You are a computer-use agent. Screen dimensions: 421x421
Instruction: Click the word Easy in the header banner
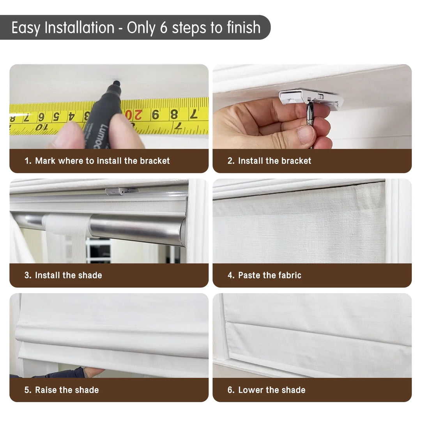26,28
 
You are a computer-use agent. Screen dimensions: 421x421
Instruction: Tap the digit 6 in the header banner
163,27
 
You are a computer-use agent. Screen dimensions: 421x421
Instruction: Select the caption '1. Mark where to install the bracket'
97,161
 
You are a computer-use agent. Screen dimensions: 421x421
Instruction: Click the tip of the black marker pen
116,82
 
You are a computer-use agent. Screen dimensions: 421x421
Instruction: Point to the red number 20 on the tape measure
133,115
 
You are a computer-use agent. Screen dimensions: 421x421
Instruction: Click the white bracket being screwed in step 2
311,99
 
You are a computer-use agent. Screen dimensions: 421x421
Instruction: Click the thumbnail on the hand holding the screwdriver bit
306,135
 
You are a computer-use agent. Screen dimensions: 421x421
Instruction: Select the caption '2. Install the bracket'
269,161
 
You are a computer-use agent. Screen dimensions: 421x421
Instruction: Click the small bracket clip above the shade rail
122,191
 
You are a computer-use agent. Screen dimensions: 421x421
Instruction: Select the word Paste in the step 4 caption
249,275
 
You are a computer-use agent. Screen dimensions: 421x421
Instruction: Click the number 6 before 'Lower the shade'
230,390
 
